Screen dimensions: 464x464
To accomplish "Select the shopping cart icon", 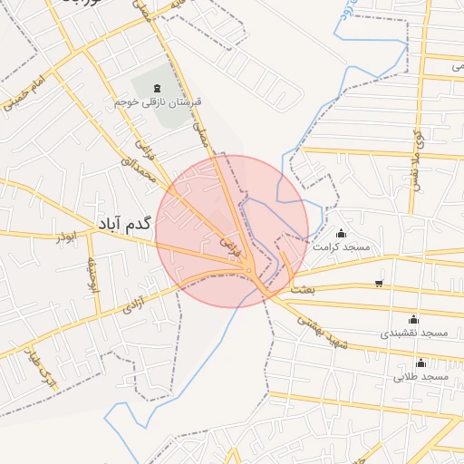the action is coord(378,283).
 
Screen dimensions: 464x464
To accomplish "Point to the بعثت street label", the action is coord(303,289).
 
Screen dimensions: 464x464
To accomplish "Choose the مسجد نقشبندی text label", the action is coord(414,333).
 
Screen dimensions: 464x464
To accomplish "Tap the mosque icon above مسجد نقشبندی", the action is coord(414,319).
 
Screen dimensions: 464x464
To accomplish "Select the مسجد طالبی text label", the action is coord(421,376).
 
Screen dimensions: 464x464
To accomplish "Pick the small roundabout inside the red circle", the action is coord(248,269).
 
